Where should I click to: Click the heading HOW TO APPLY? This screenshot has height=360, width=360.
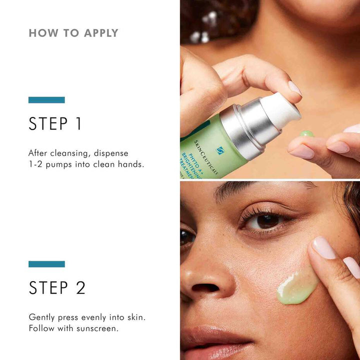[73, 33]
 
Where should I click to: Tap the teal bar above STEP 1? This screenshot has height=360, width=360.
[46, 99]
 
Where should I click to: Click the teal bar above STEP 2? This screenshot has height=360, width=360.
[46, 263]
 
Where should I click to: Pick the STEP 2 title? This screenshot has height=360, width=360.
[57, 287]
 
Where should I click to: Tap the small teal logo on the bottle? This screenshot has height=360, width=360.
[220, 150]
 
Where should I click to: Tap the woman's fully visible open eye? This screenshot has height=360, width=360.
[267, 220]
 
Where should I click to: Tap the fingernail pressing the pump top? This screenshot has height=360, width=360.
[294, 88]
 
